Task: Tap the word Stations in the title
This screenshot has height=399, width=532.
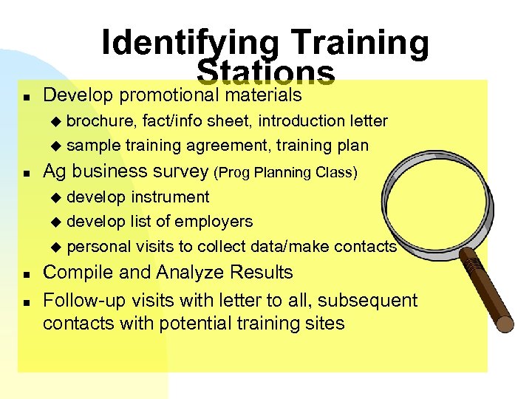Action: [x=266, y=72]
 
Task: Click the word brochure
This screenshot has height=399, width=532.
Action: [x=101, y=120]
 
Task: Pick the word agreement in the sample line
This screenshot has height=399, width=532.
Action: [x=219, y=146]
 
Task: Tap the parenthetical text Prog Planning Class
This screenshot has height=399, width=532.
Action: [x=285, y=173]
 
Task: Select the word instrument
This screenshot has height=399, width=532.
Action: [x=170, y=197]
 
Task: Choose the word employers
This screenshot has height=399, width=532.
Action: [x=219, y=222]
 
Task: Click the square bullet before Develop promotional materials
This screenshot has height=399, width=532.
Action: [x=26, y=97]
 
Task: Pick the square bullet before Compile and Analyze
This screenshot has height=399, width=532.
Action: [x=26, y=273]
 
